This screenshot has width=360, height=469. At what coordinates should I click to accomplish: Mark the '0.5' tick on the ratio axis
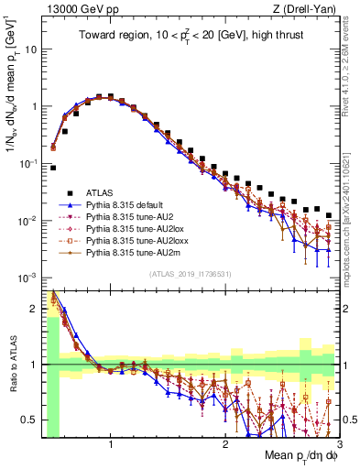[29, 420]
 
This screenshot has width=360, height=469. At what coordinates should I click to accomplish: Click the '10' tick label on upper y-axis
[30, 49]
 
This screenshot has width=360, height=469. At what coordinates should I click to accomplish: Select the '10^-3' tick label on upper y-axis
[27, 278]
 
